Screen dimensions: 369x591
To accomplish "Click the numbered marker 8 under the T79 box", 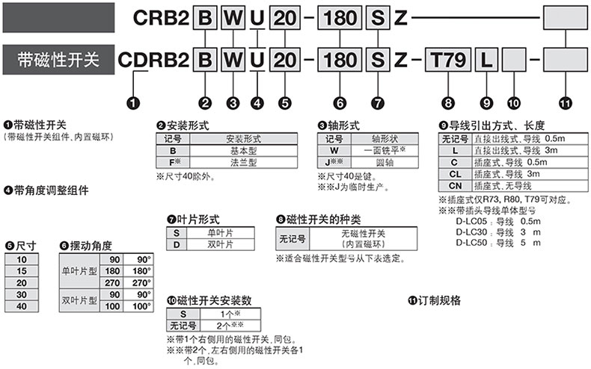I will click(447, 101).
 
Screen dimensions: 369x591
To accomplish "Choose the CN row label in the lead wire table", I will click(454, 185).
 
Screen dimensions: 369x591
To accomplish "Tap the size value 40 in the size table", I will click(20, 306).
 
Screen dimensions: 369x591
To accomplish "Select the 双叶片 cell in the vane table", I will click(222, 244).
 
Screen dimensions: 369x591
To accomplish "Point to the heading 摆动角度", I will click(89, 245).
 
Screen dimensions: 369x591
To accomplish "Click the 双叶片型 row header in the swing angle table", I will click(82, 300).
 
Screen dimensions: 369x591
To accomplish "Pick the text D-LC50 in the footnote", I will click(471, 243).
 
